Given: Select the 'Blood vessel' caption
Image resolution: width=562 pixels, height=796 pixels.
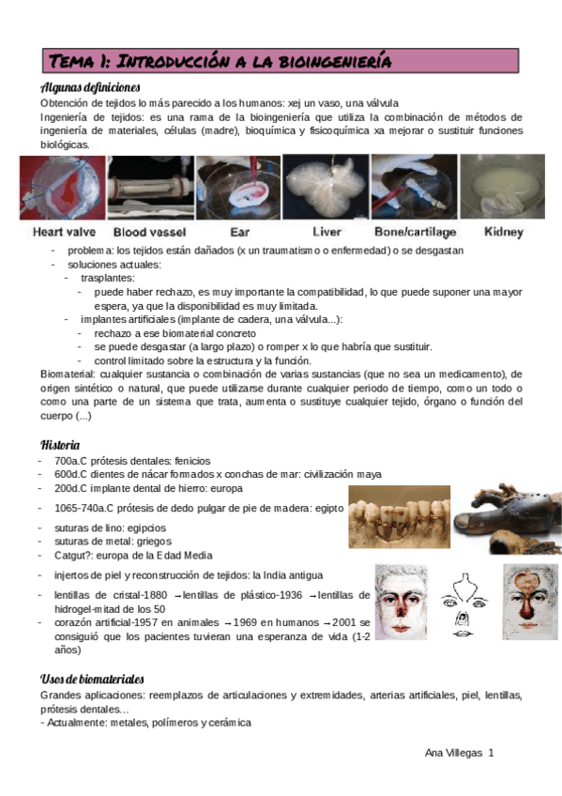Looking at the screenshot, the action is pyautogui.click(x=150, y=232).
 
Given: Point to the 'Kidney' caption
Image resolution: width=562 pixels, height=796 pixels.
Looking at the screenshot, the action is pyautogui.click(x=503, y=232).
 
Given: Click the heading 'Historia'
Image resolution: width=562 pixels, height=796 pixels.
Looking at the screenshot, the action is pyautogui.click(x=60, y=444).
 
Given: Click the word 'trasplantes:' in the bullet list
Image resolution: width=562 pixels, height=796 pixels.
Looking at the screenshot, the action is pyautogui.click(x=107, y=279).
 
